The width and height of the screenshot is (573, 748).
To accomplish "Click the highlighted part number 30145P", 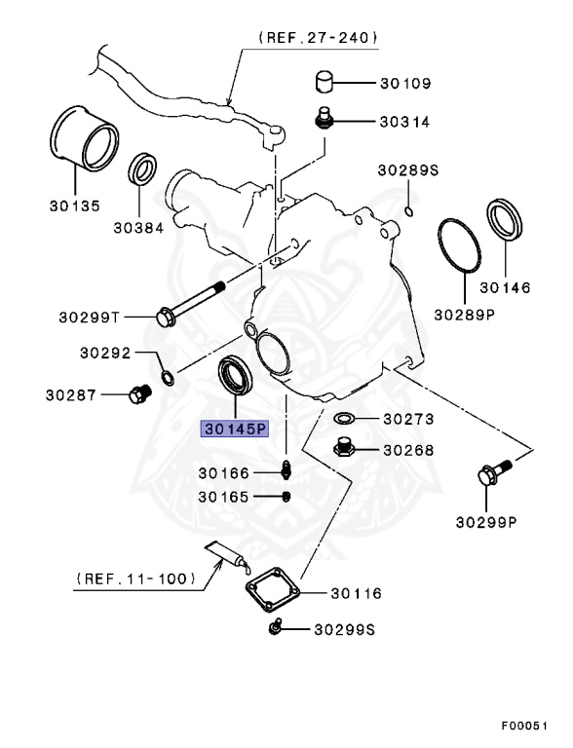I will [x=234, y=429].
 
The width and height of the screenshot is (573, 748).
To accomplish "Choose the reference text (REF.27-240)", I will [x=318, y=38].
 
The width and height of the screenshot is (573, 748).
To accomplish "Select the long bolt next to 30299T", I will [x=189, y=299].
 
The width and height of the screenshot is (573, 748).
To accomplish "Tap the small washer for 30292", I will [x=168, y=376].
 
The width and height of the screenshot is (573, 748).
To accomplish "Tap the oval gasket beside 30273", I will [x=344, y=420].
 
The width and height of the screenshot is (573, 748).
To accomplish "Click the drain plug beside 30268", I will [x=343, y=449].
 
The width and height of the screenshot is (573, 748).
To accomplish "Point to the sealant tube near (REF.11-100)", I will [x=230, y=560].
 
